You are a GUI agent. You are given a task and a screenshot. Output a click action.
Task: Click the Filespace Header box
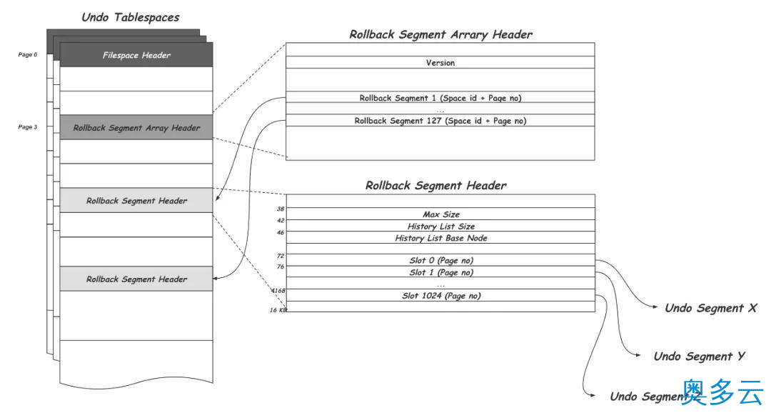point(136,55)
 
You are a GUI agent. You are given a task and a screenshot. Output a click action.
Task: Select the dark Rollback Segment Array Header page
point(136,128)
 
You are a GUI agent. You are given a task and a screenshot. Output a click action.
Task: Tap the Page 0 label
point(28,54)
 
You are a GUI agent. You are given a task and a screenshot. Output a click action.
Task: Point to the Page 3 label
point(28,127)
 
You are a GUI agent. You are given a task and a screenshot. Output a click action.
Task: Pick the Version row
point(440,63)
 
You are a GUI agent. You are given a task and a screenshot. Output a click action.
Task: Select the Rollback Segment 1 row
point(440,97)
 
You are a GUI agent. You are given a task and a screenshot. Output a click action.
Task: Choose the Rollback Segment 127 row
point(440,121)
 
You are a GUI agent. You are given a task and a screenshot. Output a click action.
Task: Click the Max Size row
point(440,214)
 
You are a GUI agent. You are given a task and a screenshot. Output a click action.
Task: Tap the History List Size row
point(440,227)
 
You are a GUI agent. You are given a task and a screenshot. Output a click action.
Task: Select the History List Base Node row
point(440,238)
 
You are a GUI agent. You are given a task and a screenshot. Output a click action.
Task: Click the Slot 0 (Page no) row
point(440,260)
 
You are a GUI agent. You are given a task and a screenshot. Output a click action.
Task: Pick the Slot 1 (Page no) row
point(440,272)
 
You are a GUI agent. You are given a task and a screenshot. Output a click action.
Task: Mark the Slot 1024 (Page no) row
point(440,295)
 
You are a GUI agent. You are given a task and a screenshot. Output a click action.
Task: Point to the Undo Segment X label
point(710,309)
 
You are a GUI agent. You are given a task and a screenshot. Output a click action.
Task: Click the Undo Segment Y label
point(699,356)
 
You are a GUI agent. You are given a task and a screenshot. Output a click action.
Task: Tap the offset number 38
point(281,209)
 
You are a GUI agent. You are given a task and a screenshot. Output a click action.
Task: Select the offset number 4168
point(278,291)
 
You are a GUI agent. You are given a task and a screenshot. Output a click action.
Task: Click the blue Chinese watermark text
point(722,392)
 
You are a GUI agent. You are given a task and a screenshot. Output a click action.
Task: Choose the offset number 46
point(281,233)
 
